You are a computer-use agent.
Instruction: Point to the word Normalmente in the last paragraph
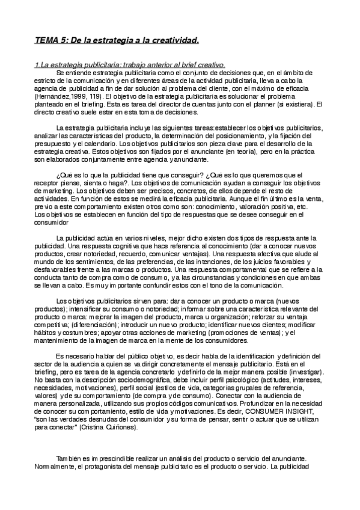point(55,467)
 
